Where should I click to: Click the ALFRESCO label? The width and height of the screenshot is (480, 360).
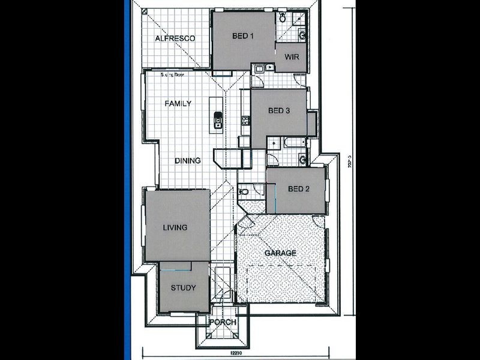(175, 38)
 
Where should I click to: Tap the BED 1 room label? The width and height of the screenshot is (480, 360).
(244, 36)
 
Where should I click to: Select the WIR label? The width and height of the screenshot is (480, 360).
(292, 58)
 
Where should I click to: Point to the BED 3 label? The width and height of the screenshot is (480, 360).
(279, 110)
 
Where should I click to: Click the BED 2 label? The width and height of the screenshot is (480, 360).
(298, 189)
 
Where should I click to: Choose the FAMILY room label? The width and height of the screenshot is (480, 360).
(178, 103)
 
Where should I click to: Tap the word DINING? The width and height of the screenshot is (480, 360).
(188, 161)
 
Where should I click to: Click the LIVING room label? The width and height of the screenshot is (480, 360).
(175, 227)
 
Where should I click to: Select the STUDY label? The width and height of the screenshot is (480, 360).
(183, 288)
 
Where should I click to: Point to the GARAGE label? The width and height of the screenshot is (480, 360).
(280, 253)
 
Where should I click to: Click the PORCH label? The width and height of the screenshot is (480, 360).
(222, 322)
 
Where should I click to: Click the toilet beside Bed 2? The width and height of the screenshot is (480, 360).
(242, 192)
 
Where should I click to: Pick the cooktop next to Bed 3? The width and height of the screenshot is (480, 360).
(245, 121)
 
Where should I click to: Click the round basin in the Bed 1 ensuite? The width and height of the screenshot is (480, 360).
(302, 34)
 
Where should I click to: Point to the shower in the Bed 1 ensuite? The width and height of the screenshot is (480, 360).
(298, 18)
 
